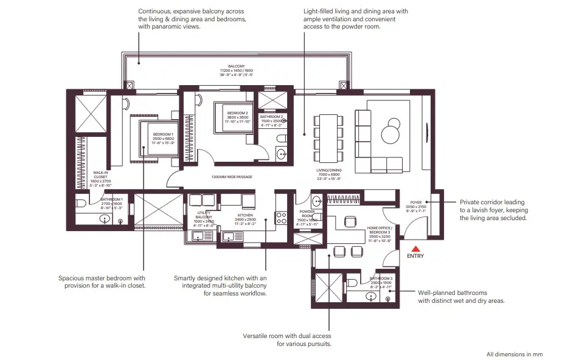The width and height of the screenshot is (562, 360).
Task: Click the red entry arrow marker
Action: click(416, 248)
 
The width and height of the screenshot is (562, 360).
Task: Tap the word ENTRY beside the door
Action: click(415, 256)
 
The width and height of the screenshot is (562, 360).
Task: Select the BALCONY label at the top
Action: click(237, 66)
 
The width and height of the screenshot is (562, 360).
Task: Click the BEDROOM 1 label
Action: click(163, 134)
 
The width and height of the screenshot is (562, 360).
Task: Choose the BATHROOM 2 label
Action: click(272, 117)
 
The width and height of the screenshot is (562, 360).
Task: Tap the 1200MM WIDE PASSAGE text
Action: click(232, 177)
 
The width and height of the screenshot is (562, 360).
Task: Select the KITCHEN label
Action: click(245, 215)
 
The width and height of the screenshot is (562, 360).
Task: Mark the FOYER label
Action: click(417, 203)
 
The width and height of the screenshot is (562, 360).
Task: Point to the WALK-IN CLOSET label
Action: click(100, 175)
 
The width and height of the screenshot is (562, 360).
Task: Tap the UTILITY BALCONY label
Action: click(204, 215)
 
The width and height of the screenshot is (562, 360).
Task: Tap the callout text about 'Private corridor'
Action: click(492, 210)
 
